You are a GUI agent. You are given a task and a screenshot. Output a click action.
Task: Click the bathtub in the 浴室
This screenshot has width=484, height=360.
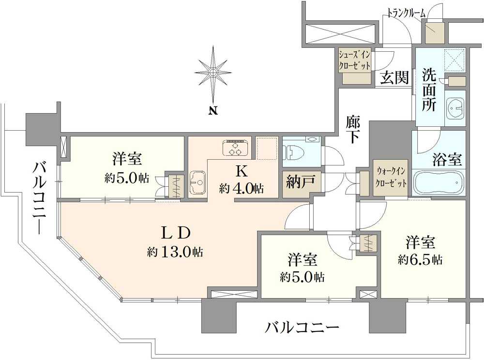pos(439,183)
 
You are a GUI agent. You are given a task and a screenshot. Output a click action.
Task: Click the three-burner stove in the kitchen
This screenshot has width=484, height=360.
pos(236,148)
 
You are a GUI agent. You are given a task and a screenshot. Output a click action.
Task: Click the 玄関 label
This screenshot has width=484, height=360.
pos(393,77)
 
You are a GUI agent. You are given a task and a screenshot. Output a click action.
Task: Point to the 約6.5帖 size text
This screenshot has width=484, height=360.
pos(420,260)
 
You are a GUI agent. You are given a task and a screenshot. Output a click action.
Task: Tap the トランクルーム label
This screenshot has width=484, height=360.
pos(407,13)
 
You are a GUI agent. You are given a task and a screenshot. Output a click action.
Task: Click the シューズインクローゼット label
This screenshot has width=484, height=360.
pos(355,59)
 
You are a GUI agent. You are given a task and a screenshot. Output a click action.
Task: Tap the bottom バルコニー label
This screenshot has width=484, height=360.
pos(301,328)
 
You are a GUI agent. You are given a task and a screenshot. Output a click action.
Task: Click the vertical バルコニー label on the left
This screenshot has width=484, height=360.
pos(39,198)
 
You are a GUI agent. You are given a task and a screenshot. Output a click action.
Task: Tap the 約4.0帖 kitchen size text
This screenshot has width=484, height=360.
pos(242,188)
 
